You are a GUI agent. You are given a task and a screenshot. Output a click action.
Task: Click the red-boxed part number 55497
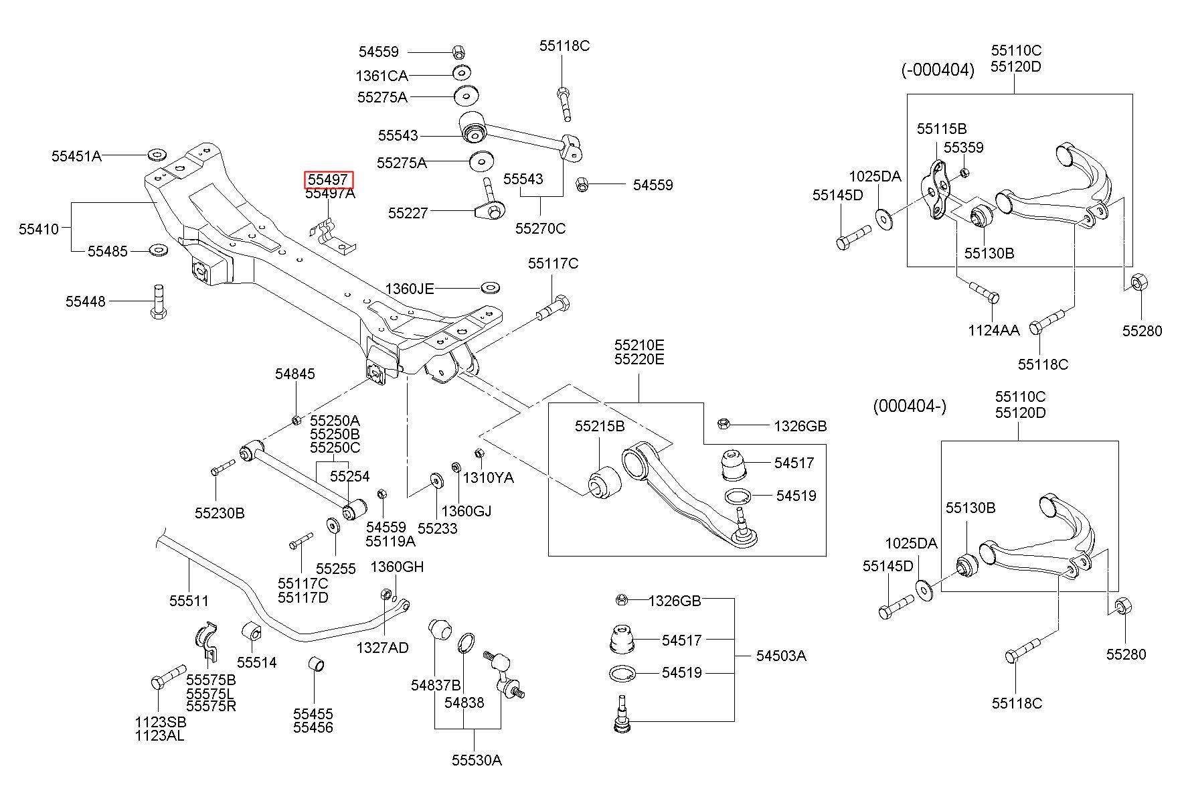click(x=328, y=179)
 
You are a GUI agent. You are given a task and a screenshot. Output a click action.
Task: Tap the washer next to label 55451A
click(x=157, y=155)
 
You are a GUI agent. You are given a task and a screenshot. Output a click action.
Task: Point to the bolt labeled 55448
click(x=158, y=302)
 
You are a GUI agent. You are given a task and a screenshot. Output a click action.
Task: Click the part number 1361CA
click(x=382, y=76)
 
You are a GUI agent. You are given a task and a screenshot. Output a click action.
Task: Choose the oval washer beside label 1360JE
click(x=491, y=288)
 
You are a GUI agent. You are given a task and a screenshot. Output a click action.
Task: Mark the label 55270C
click(x=540, y=228)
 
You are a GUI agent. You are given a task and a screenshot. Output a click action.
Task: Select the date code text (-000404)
click(x=937, y=70)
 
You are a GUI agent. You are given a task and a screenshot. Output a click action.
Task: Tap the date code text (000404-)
click(x=910, y=407)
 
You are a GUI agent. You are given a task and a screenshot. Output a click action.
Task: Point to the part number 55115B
click(x=942, y=129)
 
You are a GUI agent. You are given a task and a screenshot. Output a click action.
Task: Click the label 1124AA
click(x=994, y=330)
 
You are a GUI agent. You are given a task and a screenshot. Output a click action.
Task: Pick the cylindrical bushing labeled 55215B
click(x=604, y=482)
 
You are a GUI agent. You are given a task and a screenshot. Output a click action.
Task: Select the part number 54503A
click(x=781, y=656)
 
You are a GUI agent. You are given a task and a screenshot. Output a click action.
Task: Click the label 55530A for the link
click(x=476, y=760)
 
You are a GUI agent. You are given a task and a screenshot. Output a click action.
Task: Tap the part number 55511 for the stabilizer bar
click(x=189, y=601)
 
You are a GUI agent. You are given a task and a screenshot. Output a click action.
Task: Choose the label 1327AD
click(x=382, y=648)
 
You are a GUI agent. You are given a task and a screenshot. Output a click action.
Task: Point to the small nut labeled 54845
click(x=296, y=420)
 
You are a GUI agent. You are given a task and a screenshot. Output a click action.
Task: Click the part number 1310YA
click(x=489, y=477)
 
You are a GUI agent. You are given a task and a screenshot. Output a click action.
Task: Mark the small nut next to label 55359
click(x=964, y=173)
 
